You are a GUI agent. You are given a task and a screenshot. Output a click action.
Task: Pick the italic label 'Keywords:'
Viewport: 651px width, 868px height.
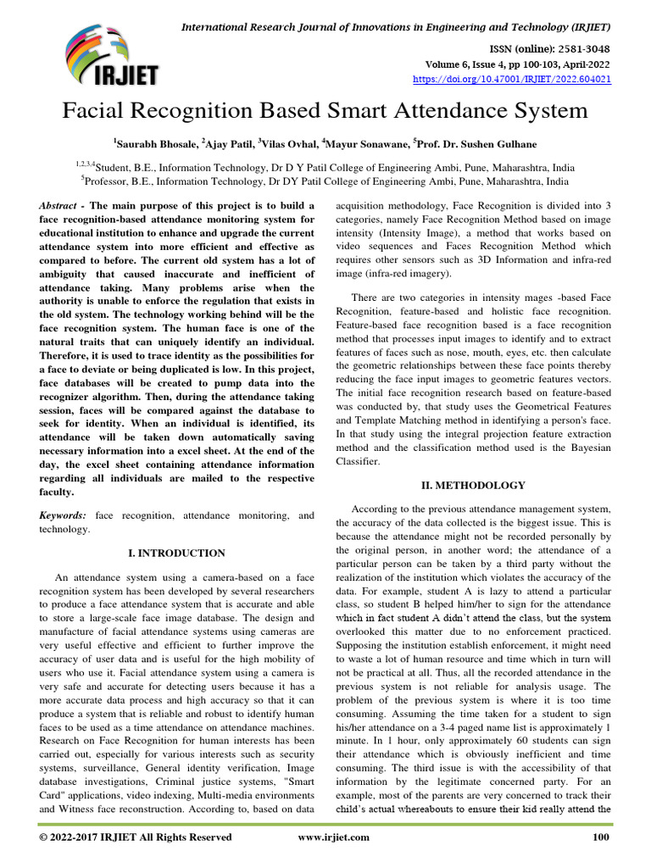coord(62,515)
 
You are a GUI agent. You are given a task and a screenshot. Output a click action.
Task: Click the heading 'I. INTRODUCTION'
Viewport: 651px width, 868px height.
coord(176,553)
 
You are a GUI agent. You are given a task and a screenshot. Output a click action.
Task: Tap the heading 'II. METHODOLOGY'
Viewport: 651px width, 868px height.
coord(474,485)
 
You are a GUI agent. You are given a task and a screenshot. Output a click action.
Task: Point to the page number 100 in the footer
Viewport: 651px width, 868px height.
coord(601,837)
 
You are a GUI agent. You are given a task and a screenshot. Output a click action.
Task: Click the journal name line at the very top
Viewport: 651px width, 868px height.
coord(396,28)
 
